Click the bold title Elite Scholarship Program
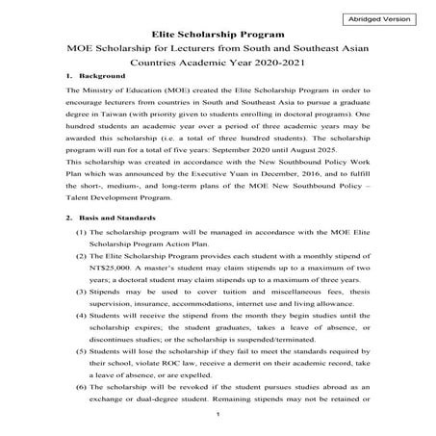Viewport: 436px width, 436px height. coord(218,32)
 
